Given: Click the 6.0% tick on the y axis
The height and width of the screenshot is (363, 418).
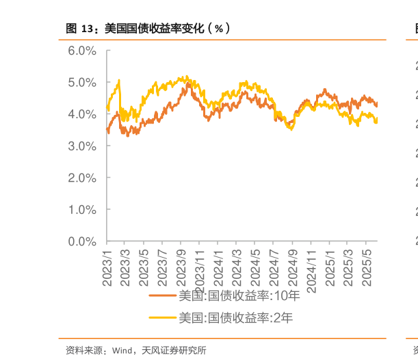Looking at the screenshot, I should pos(83,51).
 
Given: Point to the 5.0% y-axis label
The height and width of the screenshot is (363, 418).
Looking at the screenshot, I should pos(83,82).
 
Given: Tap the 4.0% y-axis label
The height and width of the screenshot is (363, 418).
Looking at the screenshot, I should pos(83,114).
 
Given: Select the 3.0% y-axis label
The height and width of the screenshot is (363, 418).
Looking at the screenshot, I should pos(83,146).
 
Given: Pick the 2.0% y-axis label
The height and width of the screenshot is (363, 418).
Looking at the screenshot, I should pos(83,178).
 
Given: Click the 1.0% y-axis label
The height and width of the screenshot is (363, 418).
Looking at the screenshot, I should pos(83,209).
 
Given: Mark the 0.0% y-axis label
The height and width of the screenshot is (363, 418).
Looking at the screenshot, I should pos(83,241).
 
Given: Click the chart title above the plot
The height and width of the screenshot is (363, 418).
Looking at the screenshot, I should pos(147,29).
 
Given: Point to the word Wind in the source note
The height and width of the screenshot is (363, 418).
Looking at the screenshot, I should pos(120,351).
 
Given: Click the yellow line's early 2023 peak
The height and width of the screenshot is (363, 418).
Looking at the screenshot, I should pos(119,81).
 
